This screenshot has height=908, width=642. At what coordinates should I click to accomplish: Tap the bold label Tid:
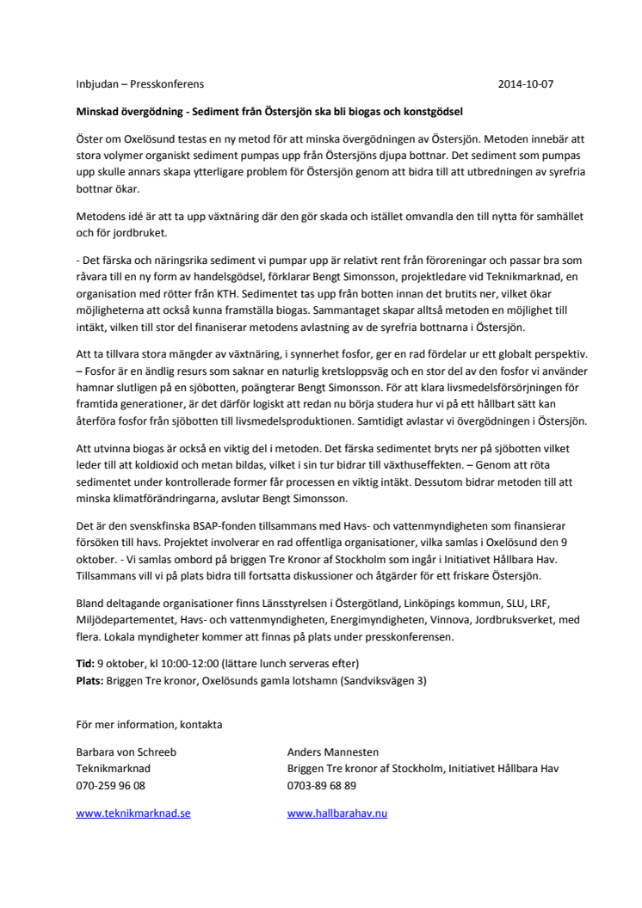point(86,664)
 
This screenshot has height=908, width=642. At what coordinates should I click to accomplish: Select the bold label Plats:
point(90,680)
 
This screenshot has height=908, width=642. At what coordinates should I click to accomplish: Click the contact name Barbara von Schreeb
point(127,752)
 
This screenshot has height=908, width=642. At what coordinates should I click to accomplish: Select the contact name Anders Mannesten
point(333,752)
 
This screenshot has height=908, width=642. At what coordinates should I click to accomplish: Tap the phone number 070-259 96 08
point(111,785)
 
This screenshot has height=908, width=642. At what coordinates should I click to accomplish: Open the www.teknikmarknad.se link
point(133,813)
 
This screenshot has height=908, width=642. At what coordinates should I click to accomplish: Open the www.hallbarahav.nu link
point(337,813)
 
